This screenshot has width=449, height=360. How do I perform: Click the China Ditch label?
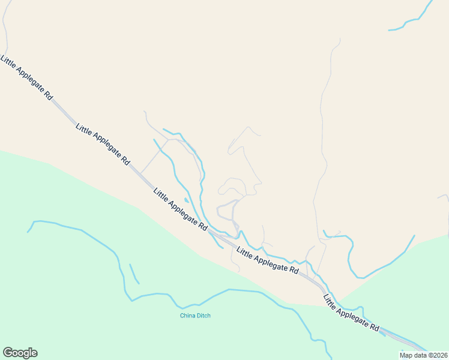[x=196, y=316]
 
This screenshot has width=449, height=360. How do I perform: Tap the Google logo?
[x=20, y=353]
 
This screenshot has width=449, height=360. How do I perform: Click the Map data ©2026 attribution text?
[x=423, y=355]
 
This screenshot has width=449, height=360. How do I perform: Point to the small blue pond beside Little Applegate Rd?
[x=186, y=200]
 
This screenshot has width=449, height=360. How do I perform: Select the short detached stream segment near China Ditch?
[x=134, y=273]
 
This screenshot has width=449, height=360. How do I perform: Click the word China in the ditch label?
[x=188, y=316]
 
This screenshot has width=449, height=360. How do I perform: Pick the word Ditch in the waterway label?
[x=204, y=316]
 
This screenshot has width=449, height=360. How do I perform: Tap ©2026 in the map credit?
[x=436, y=355]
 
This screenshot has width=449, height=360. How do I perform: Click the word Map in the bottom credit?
[x=406, y=355]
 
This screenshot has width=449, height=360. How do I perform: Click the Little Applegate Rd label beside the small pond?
[x=180, y=209]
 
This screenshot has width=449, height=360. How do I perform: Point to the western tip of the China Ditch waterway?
[x=28, y=232]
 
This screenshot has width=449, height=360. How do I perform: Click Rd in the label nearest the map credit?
[x=375, y=328]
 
